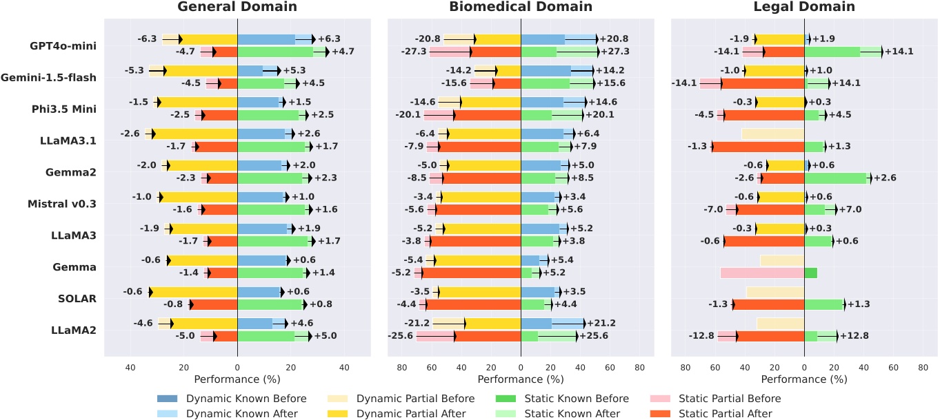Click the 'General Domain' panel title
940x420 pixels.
[237, 7]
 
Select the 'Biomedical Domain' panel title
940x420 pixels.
[521, 7]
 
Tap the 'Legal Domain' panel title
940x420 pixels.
[804, 7]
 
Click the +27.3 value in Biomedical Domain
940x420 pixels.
[614, 52]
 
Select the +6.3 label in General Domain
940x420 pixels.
[329, 39]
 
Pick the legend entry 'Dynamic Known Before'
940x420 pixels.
[228, 399]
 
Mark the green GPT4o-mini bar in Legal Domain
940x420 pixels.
[832, 52]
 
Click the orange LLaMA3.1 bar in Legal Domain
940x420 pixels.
[758, 147]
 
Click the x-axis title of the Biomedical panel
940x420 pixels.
[521, 379]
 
